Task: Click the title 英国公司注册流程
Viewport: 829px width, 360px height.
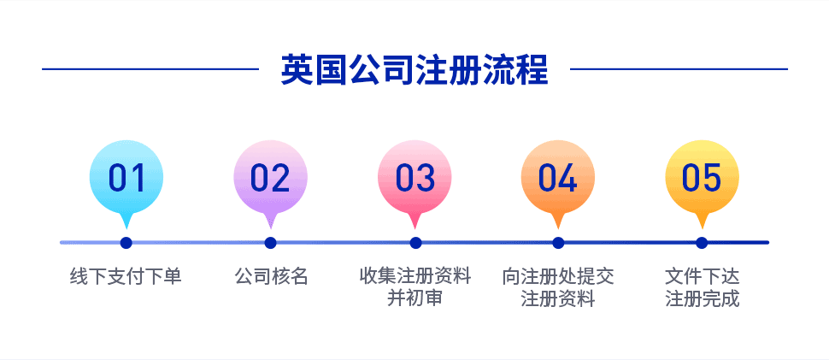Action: [414, 69]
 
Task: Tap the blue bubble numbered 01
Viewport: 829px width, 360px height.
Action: [126, 179]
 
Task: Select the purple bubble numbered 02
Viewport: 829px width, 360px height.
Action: [271, 179]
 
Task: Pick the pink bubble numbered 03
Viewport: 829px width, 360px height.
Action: [415, 179]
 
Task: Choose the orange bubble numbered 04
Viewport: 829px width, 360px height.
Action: [558, 179]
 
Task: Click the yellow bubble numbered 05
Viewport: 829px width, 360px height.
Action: [702, 179]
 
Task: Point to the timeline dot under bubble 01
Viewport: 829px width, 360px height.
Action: [126, 243]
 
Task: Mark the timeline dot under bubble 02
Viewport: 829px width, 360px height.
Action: [271, 243]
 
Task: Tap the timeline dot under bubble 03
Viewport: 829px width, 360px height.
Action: [415, 243]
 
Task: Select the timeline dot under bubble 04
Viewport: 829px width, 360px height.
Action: [558, 243]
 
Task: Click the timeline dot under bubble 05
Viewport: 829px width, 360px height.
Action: [702, 243]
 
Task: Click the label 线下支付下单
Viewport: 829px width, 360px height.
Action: [126, 276]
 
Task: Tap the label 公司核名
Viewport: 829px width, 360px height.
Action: [271, 276]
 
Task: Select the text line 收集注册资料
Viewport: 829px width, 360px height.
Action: [415, 276]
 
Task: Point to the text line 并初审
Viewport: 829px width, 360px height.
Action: [415, 298]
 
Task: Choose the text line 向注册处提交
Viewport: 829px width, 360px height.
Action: [558, 276]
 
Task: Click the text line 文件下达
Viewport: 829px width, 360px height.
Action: [703, 276]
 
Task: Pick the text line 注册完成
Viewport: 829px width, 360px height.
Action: [703, 298]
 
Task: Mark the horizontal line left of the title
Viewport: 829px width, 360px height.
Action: [150, 68]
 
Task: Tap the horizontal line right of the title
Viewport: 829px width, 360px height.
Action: [679, 68]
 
